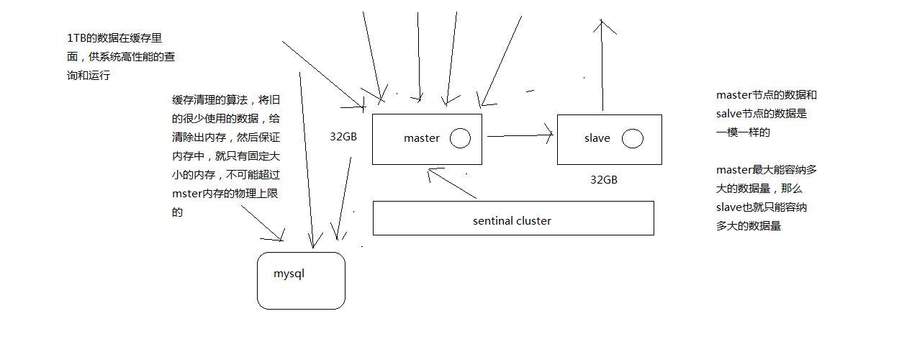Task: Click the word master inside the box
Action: tap(421, 138)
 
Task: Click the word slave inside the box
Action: tap(597, 138)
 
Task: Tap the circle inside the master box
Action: tap(460, 138)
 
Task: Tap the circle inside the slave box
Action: tap(632, 138)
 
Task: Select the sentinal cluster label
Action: tap(512, 221)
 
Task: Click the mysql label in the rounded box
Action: tap(289, 274)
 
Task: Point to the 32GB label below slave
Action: tap(603, 180)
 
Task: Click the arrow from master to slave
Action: tap(518, 135)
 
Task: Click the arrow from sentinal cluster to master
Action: tap(452, 184)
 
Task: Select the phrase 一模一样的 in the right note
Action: tap(743, 132)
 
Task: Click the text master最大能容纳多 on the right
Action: tap(766, 170)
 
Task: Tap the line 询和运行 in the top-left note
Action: tap(88, 76)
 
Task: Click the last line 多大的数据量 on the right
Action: tap(749, 226)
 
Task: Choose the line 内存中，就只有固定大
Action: tap(220, 156)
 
